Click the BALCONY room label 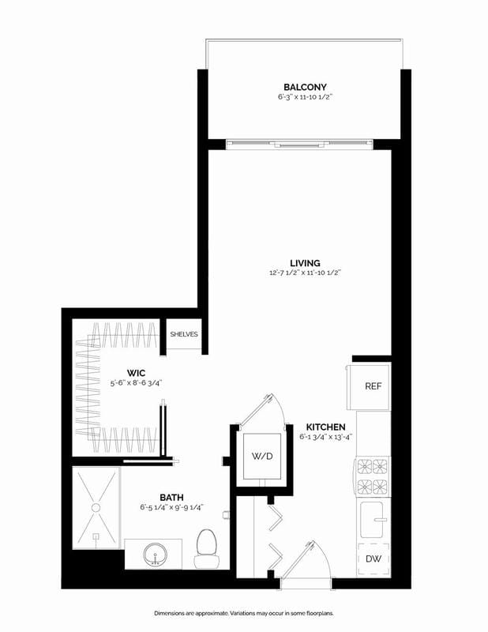point(305,87)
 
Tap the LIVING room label point(305,262)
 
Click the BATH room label point(171,497)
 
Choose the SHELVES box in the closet point(183,334)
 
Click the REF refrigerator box point(373,386)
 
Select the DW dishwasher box point(373,559)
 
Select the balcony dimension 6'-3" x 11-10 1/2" point(305,97)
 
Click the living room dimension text point(305,273)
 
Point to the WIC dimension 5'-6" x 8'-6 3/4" point(140,383)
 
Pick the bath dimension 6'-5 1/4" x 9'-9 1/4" point(171,507)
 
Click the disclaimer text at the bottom point(243,612)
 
